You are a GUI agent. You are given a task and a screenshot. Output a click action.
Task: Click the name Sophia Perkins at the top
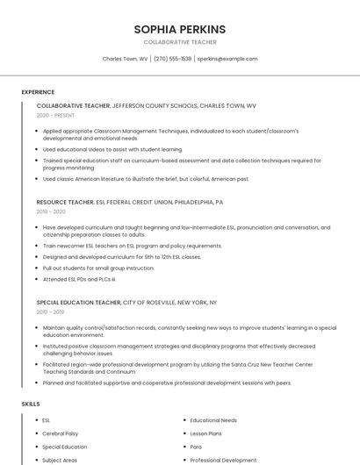click(180, 29)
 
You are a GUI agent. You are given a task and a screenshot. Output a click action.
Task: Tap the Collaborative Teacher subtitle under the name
click(180, 42)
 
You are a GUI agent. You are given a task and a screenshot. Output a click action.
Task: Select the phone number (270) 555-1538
click(173, 59)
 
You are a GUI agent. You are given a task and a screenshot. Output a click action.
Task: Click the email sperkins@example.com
click(227, 59)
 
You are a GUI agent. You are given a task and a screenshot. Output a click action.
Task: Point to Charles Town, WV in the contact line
click(126, 59)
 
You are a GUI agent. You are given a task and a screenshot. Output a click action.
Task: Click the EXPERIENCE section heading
click(38, 92)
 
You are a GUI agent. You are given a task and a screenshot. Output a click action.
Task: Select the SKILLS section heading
click(31, 404)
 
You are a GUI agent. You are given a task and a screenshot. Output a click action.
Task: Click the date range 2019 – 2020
click(51, 211)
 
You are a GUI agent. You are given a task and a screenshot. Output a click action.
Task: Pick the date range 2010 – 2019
click(50, 311)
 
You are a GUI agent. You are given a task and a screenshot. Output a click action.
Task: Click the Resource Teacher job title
click(65, 202)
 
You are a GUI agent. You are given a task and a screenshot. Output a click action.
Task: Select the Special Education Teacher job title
click(79, 302)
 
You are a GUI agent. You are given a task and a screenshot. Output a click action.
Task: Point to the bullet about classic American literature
click(146, 179)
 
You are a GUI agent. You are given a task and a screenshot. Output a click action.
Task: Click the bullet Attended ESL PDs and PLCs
click(79, 279)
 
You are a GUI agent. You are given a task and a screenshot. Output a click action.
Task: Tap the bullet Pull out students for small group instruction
click(98, 268)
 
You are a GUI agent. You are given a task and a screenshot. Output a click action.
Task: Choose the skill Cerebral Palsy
click(60, 433)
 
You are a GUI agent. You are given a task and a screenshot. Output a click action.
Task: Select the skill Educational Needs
click(213, 420)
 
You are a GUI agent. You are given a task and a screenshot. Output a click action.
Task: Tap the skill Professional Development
click(223, 460)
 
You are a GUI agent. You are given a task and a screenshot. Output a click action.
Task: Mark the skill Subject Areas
click(60, 460)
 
